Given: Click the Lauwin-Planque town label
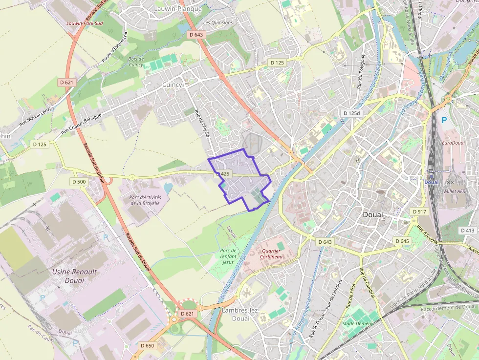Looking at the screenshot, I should coord(175,9).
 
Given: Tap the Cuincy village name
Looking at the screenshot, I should coord(172,85).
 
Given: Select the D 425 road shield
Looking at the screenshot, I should coord(222,174).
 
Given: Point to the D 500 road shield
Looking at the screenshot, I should coord(79,182).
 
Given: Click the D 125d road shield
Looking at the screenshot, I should coord(351,113).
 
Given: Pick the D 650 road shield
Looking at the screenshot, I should coord(147,346).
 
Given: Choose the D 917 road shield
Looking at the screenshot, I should coord(419,212).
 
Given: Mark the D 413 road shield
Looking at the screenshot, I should coord(467,230).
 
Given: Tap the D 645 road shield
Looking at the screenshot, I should coord(401,241).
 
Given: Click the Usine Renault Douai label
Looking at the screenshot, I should coord(74,276).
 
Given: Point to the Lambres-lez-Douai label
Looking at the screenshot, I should coord(236,314).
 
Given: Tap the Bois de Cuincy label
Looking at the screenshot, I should coord(135,62).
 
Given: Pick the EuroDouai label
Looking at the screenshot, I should coord(453,143).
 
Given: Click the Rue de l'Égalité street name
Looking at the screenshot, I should coord(202,125).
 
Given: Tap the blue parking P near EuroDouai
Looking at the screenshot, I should coord(444,120).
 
